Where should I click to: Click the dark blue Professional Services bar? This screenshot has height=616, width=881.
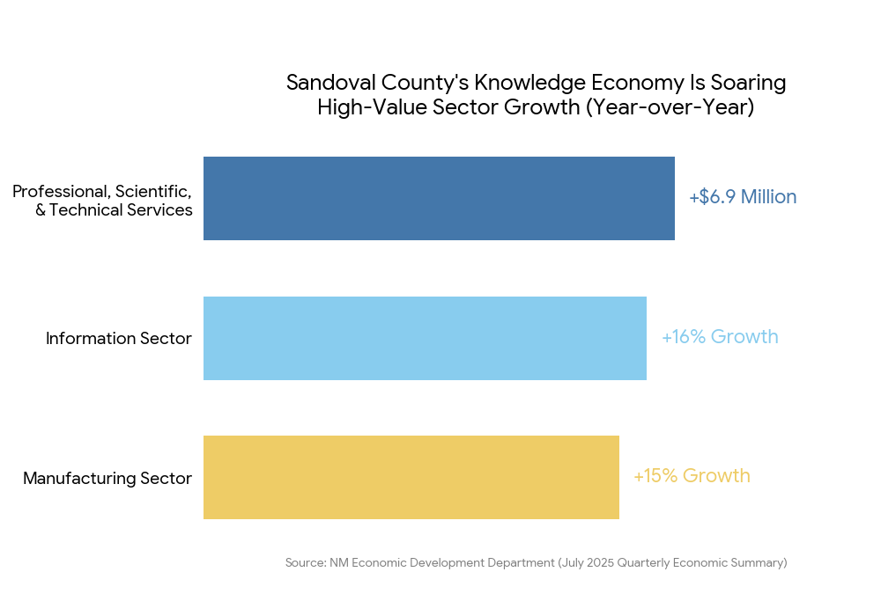tap(439, 198)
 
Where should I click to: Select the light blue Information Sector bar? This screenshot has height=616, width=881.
tap(425, 338)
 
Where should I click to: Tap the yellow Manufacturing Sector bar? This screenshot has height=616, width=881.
tap(411, 477)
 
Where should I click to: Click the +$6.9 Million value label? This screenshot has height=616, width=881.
tap(743, 197)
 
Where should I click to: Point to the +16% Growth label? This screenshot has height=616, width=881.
tap(720, 337)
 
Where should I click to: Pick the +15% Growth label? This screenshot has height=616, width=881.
tap(692, 476)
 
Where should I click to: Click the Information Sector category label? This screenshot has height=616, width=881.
tap(119, 339)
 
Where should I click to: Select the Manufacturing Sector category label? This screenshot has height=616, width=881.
tap(107, 479)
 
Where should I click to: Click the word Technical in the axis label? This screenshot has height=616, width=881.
tap(86, 210)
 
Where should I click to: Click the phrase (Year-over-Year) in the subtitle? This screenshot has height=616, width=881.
tap(670, 108)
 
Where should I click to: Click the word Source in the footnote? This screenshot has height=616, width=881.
tap(304, 562)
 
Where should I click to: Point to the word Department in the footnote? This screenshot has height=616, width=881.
tap(519, 562)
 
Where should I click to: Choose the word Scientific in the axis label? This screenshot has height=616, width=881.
tap(153, 191)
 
